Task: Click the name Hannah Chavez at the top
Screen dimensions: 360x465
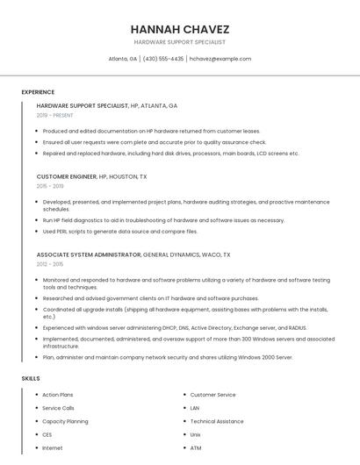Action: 179,28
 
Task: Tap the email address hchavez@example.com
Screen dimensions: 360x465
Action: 220,59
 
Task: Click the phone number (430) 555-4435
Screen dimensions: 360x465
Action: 163,59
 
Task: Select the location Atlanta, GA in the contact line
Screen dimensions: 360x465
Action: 123,59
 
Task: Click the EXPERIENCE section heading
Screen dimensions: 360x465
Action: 38,92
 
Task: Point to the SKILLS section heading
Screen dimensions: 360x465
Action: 31,378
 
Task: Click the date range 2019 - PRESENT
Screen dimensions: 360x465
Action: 55,115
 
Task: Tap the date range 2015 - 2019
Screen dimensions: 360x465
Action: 50,186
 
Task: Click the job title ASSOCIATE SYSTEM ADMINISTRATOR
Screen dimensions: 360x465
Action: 89,254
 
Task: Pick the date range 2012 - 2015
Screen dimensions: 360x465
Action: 50,264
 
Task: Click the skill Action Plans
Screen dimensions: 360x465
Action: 58,395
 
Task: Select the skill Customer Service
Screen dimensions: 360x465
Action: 213,395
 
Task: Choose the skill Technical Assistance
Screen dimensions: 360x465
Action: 217,421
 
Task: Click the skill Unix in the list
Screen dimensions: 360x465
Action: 196,434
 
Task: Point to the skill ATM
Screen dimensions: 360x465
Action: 196,447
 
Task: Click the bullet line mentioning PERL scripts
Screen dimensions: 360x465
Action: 120,232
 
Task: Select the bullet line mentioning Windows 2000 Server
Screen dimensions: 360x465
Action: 168,357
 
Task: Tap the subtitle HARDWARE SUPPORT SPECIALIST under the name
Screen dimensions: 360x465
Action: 179,42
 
